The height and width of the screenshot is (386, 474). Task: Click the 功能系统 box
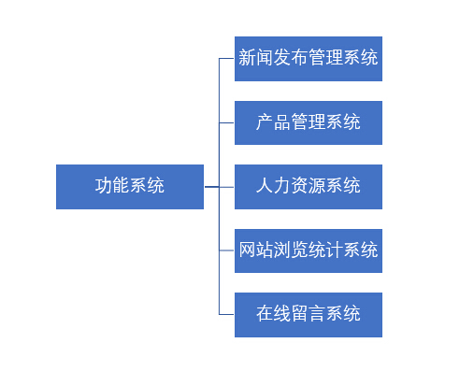(x=130, y=187)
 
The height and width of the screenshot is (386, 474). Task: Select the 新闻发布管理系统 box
(x=309, y=59)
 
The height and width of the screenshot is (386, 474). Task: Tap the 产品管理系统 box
(x=309, y=122)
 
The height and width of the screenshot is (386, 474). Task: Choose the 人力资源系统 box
(x=309, y=187)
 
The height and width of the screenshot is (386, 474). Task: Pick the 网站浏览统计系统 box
(x=309, y=250)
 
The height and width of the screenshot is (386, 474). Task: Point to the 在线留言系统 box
(x=309, y=315)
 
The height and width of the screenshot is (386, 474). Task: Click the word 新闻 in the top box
(x=255, y=57)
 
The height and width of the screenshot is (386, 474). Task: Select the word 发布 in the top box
(x=291, y=57)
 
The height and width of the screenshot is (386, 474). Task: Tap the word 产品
(x=273, y=122)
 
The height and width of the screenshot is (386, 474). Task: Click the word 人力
(x=273, y=185)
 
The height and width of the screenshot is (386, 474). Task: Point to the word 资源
(x=309, y=185)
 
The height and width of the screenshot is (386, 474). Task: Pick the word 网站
(x=255, y=250)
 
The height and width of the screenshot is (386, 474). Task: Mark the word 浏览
(x=291, y=250)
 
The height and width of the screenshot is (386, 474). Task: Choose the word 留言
(x=309, y=313)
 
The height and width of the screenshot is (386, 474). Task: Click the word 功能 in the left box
(x=112, y=185)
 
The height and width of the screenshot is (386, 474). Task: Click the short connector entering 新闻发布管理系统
(x=226, y=58)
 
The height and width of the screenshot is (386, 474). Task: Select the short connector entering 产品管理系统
(x=226, y=122)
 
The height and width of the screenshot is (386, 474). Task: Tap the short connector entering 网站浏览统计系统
(x=226, y=250)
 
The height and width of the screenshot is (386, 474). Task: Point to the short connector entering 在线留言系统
(x=226, y=314)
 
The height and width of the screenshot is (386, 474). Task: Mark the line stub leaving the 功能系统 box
(x=212, y=187)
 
